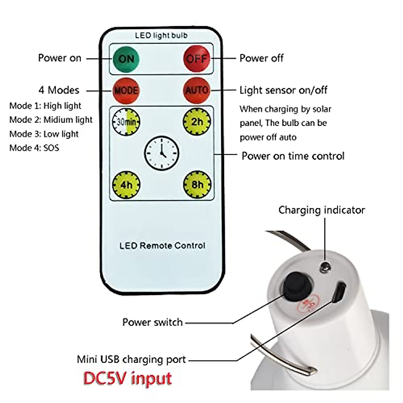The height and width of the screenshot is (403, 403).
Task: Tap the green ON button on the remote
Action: [x=126, y=59]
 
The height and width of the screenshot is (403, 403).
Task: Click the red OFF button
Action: [x=197, y=59]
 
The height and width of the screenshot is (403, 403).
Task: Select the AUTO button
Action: [x=197, y=90]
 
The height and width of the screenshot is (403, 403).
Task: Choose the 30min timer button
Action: [x=126, y=121]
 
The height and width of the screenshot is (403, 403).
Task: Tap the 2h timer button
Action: [x=197, y=121]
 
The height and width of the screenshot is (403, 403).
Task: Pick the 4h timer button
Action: [x=126, y=184]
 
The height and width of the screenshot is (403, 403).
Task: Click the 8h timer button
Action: [x=197, y=184]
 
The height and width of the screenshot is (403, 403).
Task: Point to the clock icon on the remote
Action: [x=162, y=153]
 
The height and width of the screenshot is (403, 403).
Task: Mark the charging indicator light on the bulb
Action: [x=325, y=267]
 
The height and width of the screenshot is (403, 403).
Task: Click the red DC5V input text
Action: [x=128, y=378]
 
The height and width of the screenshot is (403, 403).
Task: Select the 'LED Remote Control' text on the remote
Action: [x=162, y=245]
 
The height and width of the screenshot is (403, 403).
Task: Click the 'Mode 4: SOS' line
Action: [x=34, y=148]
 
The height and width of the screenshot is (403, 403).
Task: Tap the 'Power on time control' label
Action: [x=293, y=156]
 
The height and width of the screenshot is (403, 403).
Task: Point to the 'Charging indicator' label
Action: [x=321, y=210]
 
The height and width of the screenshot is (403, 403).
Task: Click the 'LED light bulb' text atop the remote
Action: [x=161, y=35]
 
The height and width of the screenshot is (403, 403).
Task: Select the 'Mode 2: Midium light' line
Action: [x=51, y=120]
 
